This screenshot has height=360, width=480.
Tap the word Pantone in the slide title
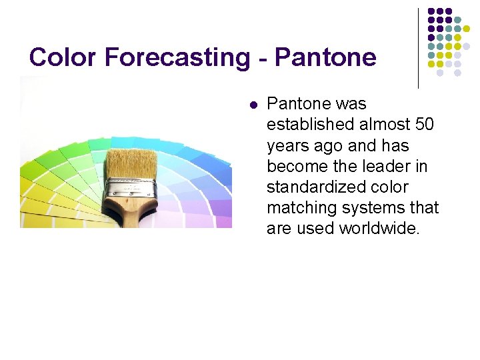tap(325, 57)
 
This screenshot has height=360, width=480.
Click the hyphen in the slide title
tap(265, 59)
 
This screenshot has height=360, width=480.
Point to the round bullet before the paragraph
tap(253, 105)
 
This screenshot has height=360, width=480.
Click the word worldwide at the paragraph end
tap(379, 228)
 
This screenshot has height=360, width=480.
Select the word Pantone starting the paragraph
tap(298, 104)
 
